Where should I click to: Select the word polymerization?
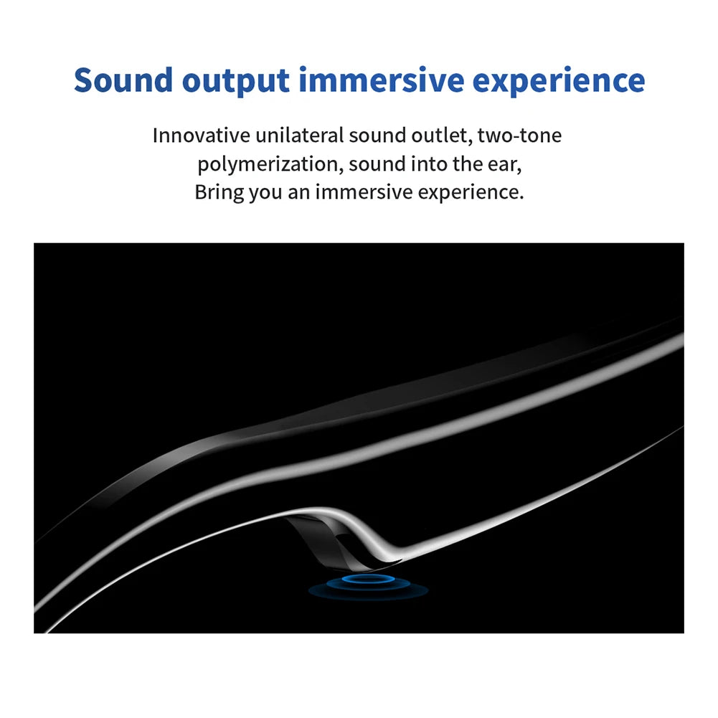(270, 165)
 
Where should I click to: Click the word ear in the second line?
(506, 164)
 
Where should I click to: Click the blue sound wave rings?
(368, 585)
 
